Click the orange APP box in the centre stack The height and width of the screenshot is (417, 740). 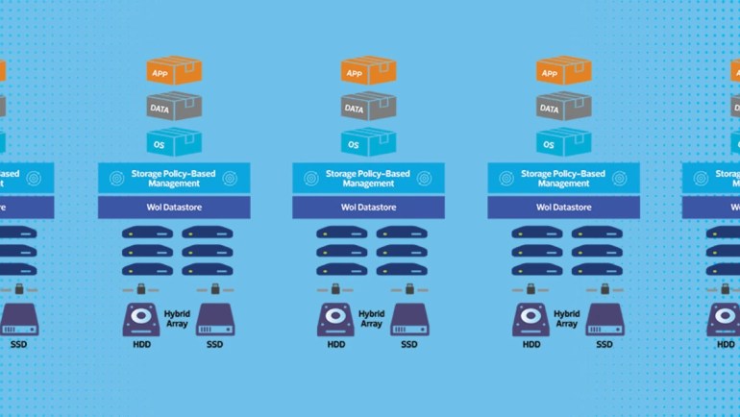tap(368, 72)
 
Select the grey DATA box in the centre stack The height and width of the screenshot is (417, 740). tap(368, 108)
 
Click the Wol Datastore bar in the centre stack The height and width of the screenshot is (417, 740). tap(368, 207)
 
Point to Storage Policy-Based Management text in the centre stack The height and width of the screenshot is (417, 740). tap(368, 178)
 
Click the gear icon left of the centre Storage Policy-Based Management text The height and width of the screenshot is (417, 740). tap(311, 178)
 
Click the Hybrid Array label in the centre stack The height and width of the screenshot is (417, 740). tap(372, 319)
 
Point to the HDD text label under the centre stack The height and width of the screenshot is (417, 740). tap(335, 345)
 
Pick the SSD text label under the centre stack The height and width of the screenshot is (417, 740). tap(408, 345)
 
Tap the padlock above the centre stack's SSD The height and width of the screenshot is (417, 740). tap(408, 288)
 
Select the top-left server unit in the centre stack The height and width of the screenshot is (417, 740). tap(342, 233)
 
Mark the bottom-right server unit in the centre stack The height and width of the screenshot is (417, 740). tap(402, 270)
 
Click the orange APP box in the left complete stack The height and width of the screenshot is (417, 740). tap(174, 72)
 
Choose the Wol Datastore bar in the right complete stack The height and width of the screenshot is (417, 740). tap(563, 207)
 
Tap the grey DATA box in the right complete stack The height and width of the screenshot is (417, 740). tap(563, 108)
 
